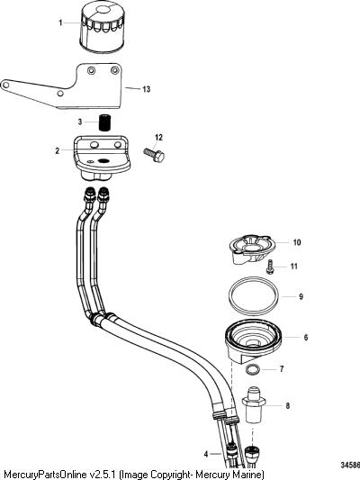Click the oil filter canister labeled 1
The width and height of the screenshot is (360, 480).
[102, 28]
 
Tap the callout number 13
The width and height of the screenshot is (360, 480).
[147, 89]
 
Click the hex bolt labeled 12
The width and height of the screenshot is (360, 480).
[155, 155]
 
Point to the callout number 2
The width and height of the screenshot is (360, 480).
[58, 150]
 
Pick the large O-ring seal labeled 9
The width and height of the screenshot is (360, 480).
[254, 296]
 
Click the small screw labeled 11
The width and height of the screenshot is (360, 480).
[270, 266]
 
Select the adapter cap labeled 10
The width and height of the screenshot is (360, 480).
[252, 249]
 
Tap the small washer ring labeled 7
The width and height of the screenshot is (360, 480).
[253, 369]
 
